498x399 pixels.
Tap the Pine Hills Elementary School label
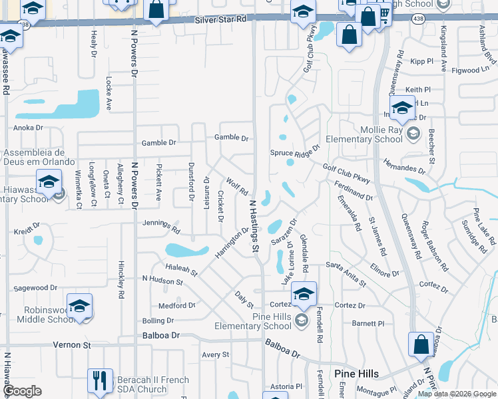[253, 321]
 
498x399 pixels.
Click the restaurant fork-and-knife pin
[100, 381]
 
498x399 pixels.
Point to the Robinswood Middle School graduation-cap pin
[79, 306]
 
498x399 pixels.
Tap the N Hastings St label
[254, 226]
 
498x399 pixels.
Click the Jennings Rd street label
[161, 227]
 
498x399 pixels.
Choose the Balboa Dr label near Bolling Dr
[161, 336]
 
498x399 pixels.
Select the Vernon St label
[77, 346]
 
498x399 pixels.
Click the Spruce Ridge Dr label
[296, 152]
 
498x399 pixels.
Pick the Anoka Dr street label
[29, 128]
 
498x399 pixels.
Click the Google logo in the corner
[23, 391]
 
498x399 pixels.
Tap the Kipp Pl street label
[421, 61]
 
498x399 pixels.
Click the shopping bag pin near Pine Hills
[421, 345]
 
